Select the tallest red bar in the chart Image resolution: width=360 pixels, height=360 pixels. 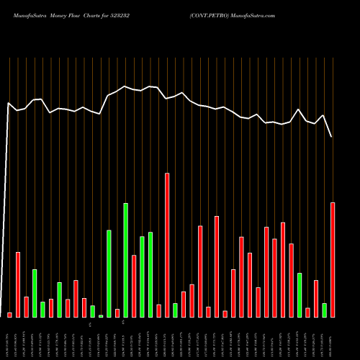coord(167,245)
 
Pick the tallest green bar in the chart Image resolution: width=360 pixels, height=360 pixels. coord(125,260)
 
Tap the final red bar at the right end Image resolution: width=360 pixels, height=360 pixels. coord(333,259)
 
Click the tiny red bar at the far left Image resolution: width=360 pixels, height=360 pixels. coord(9,315)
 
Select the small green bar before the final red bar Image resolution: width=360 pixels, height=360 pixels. coord(324,310)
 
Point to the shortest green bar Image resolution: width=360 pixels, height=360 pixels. coord(101,315)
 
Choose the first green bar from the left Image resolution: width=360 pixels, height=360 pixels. coord(35,293)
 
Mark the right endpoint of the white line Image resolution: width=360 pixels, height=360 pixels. coord(332,137)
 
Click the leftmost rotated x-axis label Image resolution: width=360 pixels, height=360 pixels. coord(9,338)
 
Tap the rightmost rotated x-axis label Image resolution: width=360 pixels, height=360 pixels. coord(333,338)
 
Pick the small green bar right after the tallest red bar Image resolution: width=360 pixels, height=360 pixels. coord(175,310)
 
